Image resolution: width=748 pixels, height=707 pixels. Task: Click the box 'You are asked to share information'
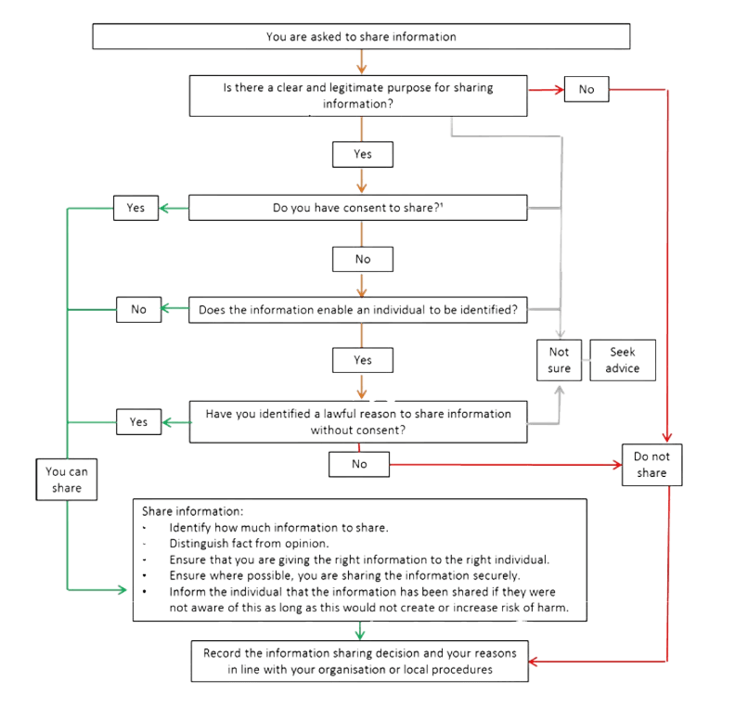point(361,37)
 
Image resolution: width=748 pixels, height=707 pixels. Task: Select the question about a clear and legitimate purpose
point(358,96)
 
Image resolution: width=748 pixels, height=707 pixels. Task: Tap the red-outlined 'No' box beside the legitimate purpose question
point(586,89)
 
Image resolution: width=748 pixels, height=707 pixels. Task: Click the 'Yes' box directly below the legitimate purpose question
point(363,154)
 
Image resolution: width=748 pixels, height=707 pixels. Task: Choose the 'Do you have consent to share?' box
point(358,208)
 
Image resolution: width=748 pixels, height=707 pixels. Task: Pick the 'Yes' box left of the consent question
point(135,208)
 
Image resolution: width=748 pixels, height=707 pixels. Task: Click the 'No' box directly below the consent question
point(363,259)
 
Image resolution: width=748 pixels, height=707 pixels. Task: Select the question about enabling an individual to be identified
point(358,311)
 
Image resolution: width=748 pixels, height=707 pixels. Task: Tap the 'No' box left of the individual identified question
point(139,310)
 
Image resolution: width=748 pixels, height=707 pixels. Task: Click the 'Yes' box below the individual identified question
point(363,359)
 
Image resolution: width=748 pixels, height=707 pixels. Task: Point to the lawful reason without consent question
point(358,422)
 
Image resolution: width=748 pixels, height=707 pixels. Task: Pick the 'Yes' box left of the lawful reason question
point(139,422)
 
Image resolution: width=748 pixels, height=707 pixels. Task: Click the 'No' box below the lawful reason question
point(358,465)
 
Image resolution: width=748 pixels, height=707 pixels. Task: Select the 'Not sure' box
point(559,360)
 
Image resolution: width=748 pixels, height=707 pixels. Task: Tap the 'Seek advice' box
point(622,360)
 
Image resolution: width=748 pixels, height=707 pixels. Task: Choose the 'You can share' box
point(66,479)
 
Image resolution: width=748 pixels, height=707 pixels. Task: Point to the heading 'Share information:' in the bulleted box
point(192,511)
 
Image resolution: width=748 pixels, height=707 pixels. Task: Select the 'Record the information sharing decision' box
point(360,660)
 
